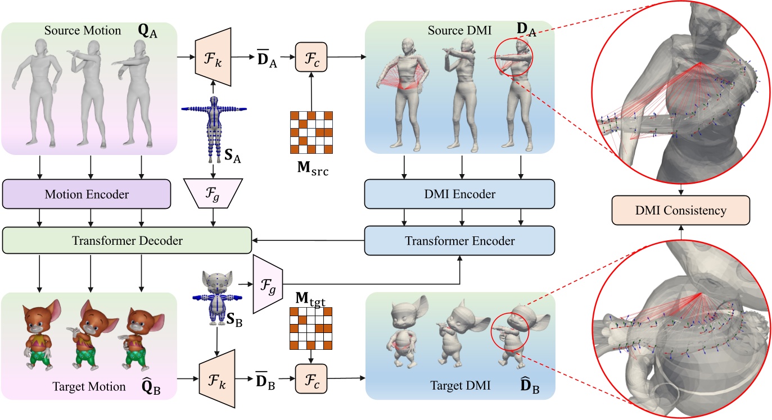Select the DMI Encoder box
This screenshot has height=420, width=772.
tap(459, 195)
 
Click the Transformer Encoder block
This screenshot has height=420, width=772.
tap(459, 241)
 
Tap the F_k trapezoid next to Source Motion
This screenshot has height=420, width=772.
tap(213, 58)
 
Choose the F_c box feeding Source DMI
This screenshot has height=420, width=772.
tap(310, 58)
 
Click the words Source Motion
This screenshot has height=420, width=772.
tap(83, 30)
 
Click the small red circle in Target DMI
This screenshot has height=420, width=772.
tap(507, 335)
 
